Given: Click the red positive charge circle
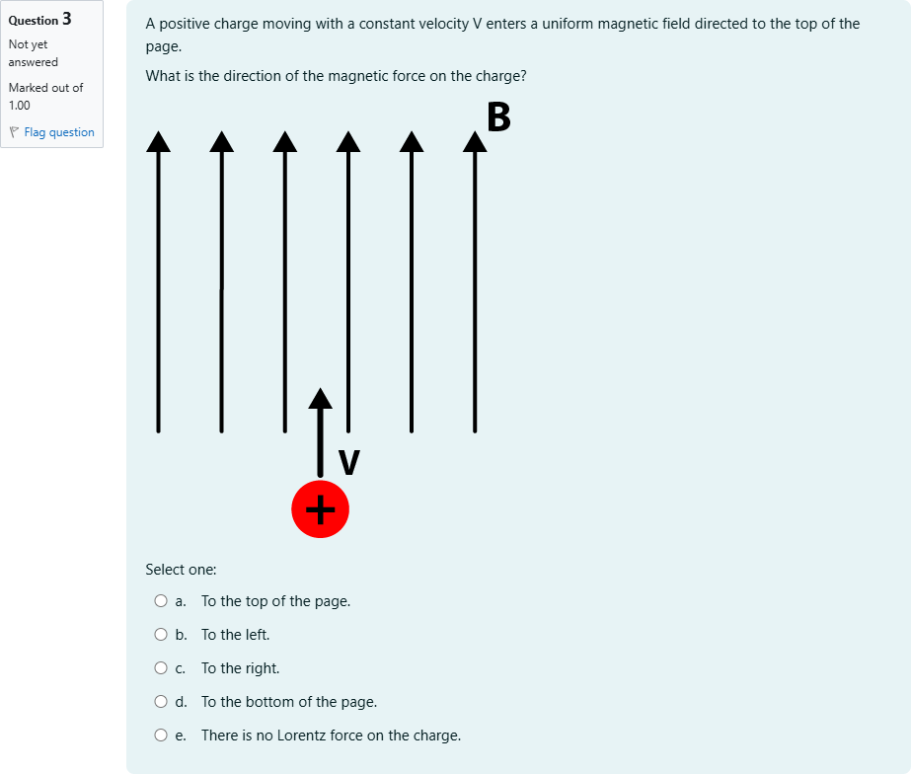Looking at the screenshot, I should point(320,509).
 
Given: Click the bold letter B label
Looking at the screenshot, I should point(498,116).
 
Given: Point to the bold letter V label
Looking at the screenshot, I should point(348,462).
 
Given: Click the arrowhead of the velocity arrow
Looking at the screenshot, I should point(320,398).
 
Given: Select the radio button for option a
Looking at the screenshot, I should point(161,600).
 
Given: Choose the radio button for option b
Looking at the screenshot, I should point(161,634).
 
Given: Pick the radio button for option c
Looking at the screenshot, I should point(161,668).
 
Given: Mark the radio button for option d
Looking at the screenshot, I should point(161,702).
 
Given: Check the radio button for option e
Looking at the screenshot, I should point(161,735).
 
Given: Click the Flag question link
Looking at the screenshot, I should point(58,132).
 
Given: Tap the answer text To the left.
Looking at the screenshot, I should point(235,634).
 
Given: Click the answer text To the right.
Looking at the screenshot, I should point(240,668).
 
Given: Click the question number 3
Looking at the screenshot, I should point(66,19).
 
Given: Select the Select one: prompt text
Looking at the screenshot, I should point(181,570).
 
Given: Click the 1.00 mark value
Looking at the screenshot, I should point(19,105).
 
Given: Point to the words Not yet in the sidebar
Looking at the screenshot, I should point(28,44).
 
